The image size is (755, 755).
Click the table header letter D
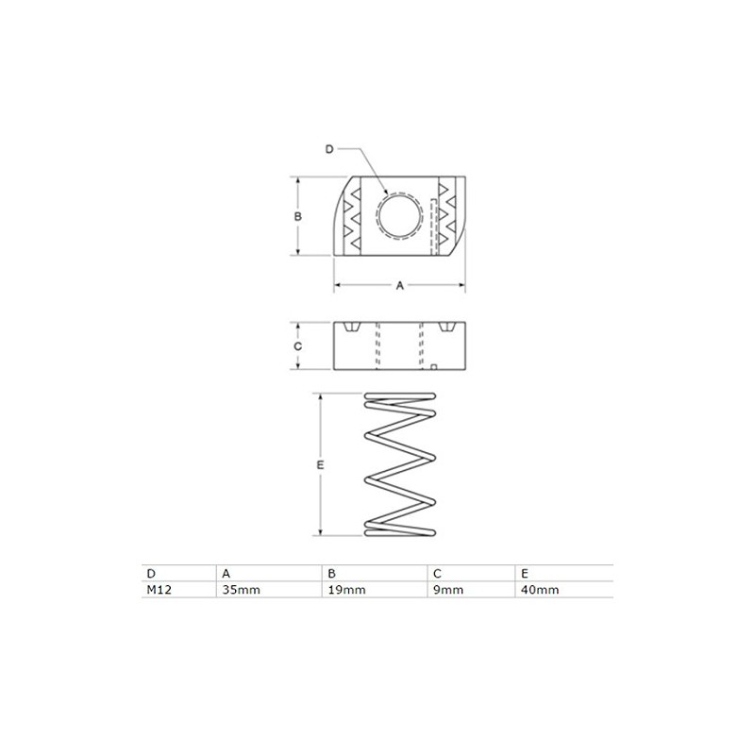point(150,573)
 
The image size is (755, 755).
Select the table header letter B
point(330,573)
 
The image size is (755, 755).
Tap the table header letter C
point(438,573)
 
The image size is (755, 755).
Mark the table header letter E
point(523,573)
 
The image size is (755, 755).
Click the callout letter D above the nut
point(328,149)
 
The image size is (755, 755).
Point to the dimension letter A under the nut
point(398,285)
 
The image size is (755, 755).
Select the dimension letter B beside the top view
point(296,215)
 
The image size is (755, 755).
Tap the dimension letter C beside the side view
point(296,346)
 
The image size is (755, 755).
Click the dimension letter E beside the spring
point(321,466)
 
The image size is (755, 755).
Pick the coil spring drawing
point(401,463)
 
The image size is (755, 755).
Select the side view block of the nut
point(399,346)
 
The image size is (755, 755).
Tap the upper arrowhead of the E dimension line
point(321,397)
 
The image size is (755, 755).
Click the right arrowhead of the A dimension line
point(461,285)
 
